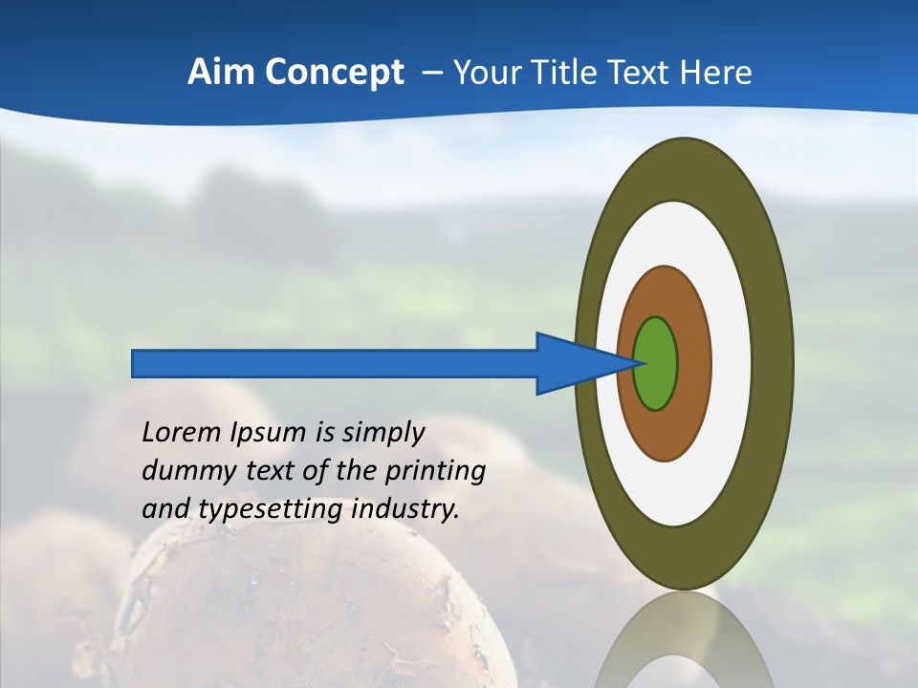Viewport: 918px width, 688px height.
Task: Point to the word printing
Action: pyautogui.click(x=435, y=472)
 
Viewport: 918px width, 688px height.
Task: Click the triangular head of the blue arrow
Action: pyautogui.click(x=574, y=363)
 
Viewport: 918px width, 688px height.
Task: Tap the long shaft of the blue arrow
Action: pyautogui.click(x=335, y=363)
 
